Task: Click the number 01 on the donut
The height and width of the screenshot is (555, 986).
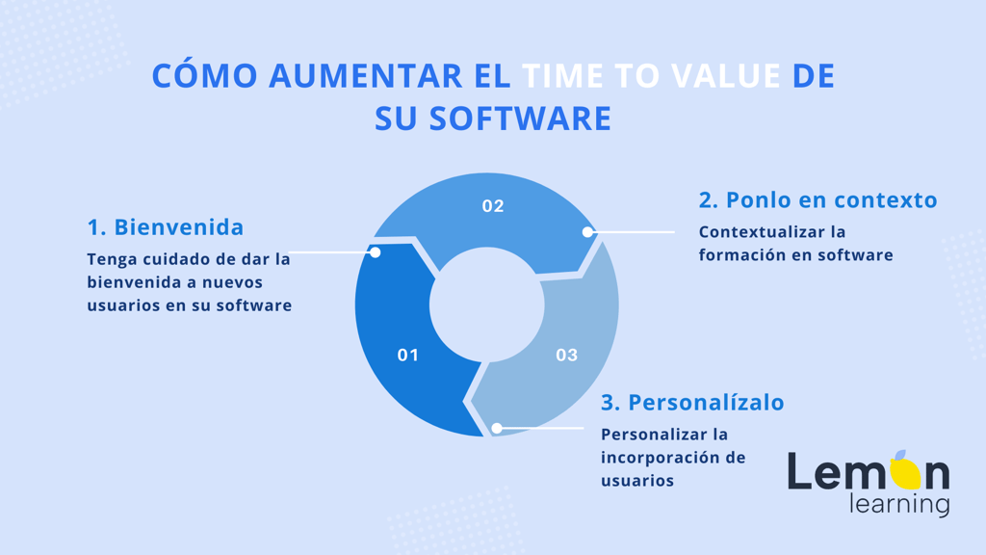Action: [407, 355]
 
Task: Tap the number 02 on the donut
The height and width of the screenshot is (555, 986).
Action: [493, 206]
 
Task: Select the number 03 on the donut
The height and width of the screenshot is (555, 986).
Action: [566, 355]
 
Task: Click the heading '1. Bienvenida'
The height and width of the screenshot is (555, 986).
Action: [166, 227]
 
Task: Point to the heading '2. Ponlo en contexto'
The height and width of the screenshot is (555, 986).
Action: [818, 199]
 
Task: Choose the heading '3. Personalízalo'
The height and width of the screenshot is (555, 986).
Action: [692, 402]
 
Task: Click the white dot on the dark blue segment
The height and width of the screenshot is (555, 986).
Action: [375, 252]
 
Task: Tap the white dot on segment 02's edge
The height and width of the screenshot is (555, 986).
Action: [587, 231]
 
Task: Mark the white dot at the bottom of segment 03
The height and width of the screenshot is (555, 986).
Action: [497, 429]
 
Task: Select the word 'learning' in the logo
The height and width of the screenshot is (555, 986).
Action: [899, 505]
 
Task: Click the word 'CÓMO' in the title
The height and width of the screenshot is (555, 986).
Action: [205, 75]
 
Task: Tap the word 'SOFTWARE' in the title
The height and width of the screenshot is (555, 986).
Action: [520, 119]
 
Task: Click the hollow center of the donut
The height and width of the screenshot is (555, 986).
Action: [486, 305]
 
